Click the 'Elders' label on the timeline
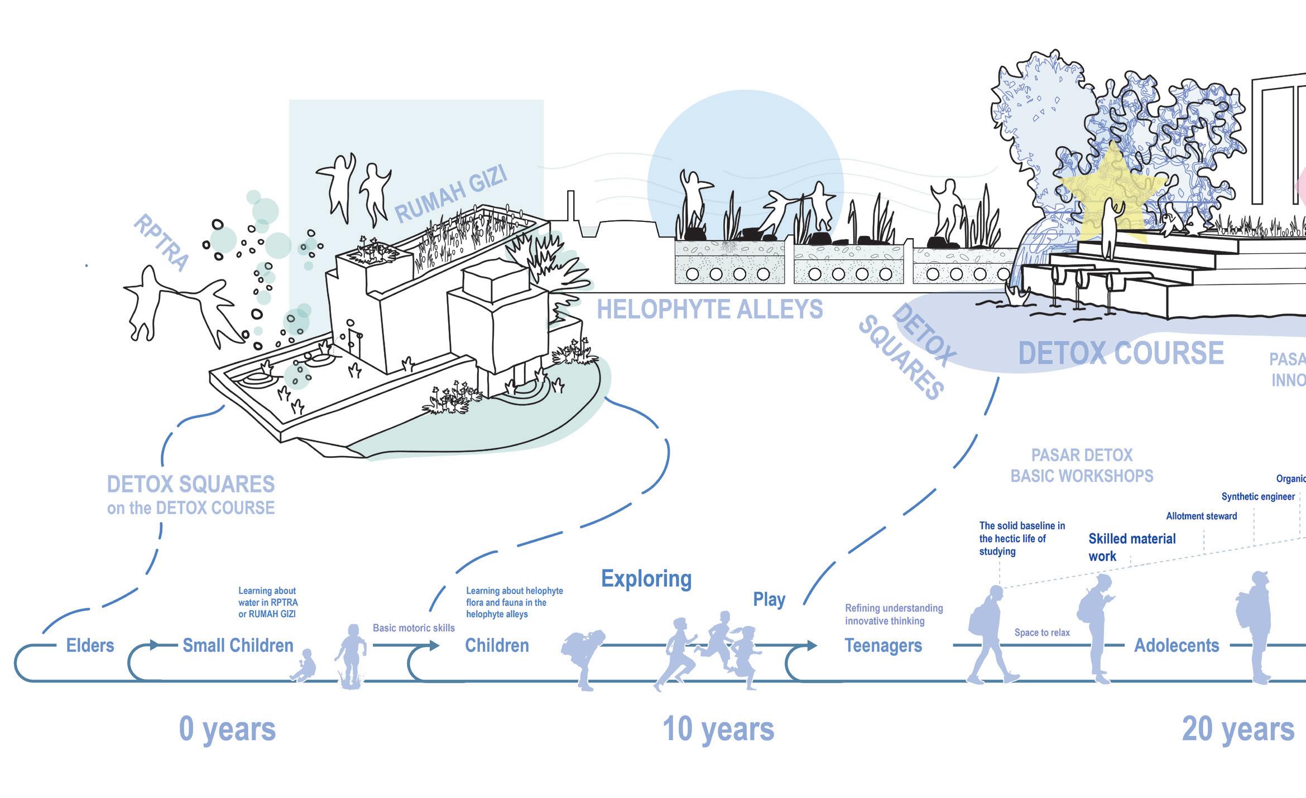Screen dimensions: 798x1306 90,645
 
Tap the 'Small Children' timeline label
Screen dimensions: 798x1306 238,645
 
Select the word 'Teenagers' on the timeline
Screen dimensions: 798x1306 883,645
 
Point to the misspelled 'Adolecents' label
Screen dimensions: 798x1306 1177,645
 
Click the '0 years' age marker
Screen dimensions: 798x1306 227,729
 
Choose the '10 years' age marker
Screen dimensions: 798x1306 718,729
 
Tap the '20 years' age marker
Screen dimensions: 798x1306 1238,729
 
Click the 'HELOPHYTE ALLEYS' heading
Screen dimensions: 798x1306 709,309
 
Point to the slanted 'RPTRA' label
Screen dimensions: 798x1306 161,243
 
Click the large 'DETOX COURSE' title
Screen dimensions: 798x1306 1121,354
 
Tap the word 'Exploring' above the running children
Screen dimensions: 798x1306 646,579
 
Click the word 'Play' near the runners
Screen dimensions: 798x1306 769,599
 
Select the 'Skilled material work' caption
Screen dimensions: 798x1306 1132,547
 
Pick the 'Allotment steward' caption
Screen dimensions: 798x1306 1201,516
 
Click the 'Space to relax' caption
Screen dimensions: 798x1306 1042,632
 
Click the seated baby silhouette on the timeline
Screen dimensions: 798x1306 304,665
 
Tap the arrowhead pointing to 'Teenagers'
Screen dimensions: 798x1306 812,646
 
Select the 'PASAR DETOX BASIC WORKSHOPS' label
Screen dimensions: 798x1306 1082,466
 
